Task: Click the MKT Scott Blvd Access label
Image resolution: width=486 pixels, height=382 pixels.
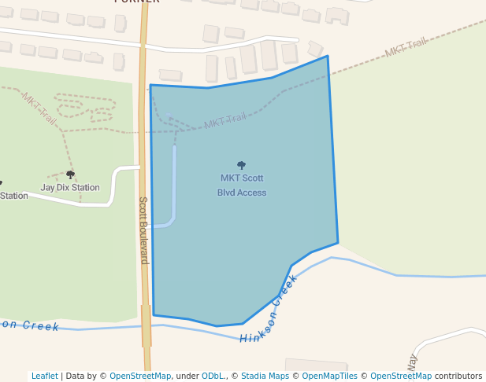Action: click(x=242, y=185)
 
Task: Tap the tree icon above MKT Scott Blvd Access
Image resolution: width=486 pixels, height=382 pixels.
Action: click(x=242, y=165)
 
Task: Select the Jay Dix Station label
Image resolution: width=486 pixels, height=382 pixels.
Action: click(x=70, y=188)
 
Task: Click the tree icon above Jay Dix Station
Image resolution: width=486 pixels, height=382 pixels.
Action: click(x=70, y=174)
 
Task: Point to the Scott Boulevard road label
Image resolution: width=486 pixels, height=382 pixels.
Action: click(x=144, y=230)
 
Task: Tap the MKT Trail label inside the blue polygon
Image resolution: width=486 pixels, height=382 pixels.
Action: click(x=224, y=122)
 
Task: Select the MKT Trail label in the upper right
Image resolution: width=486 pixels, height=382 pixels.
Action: click(x=406, y=48)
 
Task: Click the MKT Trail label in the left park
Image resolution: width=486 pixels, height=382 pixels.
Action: click(x=39, y=108)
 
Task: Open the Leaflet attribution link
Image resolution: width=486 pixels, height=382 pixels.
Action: click(x=44, y=376)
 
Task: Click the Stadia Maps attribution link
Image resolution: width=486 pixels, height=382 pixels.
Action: click(x=265, y=376)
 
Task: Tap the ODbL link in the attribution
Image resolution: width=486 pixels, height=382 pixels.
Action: click(x=213, y=376)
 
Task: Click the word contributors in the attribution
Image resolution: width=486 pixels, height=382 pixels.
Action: click(x=458, y=376)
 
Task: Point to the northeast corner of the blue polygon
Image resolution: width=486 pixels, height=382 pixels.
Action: click(x=327, y=57)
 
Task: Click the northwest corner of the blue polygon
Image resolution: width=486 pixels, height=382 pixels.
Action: click(x=150, y=86)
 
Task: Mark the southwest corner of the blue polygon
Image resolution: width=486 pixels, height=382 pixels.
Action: click(x=154, y=314)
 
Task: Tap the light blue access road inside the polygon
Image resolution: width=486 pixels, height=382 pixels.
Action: click(x=174, y=181)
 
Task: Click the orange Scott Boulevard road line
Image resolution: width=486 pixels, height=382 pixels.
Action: click(x=144, y=157)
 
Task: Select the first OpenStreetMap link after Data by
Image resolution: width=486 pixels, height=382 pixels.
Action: click(x=140, y=376)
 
